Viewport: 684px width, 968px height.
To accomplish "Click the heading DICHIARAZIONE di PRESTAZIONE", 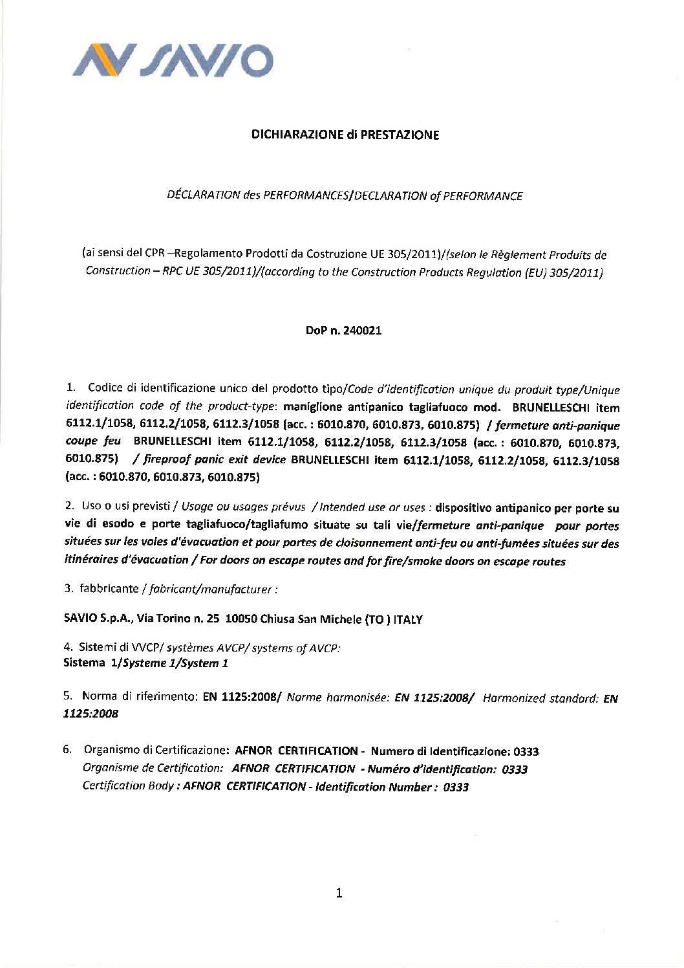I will [x=345, y=135].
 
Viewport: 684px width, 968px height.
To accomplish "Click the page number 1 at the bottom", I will [x=339, y=893].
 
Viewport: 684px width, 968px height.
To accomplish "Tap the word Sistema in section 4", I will [x=84, y=663].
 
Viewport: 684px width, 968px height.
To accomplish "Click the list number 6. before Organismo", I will [x=67, y=750].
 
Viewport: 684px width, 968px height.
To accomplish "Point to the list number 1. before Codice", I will [x=71, y=388].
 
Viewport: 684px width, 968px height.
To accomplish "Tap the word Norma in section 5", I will [x=99, y=696].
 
